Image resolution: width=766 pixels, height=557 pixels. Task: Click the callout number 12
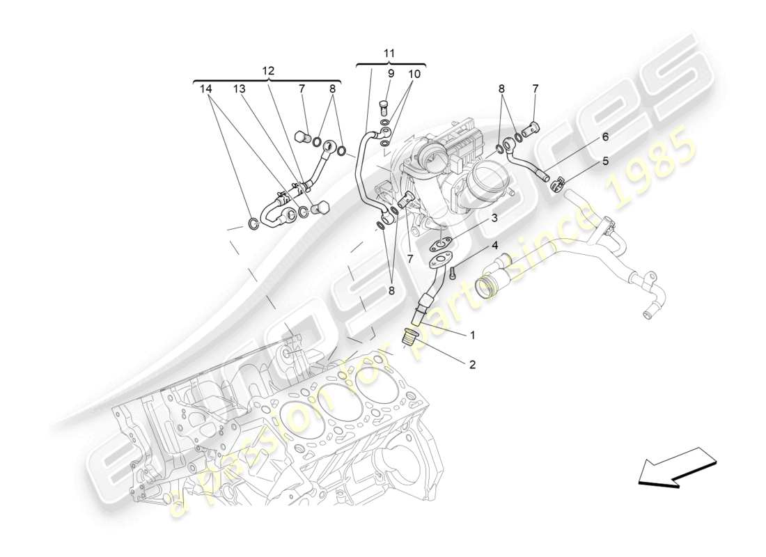[x=268, y=70]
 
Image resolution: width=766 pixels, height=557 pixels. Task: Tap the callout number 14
[x=205, y=89]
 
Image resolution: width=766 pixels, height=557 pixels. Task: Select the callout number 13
[x=240, y=89]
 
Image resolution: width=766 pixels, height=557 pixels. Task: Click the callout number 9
[x=391, y=73]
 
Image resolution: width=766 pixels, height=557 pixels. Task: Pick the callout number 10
[x=414, y=73]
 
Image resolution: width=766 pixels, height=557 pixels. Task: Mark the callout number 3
[x=494, y=218]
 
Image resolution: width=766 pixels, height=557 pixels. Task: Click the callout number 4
[x=494, y=245]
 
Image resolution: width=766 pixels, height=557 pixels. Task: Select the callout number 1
[x=472, y=335]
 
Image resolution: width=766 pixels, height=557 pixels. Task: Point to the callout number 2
[x=472, y=364]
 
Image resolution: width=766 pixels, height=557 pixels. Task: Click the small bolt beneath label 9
[x=383, y=106]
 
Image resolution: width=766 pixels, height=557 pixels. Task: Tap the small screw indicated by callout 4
[x=452, y=273]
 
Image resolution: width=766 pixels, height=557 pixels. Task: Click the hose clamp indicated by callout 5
[x=556, y=185]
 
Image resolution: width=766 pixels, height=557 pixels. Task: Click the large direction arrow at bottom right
[x=675, y=466]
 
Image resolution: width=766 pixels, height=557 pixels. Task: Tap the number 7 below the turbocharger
[x=411, y=259]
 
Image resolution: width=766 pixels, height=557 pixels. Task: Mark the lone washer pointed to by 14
[x=254, y=223]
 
